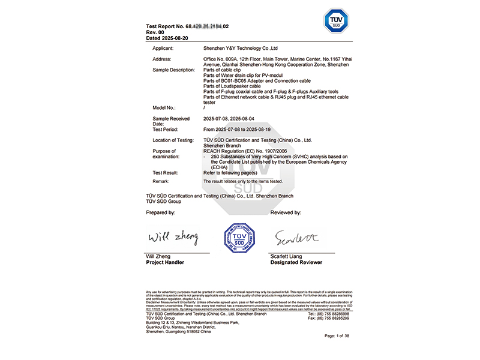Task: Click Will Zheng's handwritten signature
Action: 173,238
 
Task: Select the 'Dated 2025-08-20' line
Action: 167,38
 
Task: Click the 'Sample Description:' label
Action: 174,70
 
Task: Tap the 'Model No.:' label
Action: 164,108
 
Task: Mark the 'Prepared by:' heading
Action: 161,213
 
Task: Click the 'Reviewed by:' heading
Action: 286,213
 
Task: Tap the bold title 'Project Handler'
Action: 165,262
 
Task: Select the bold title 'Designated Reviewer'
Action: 296,262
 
